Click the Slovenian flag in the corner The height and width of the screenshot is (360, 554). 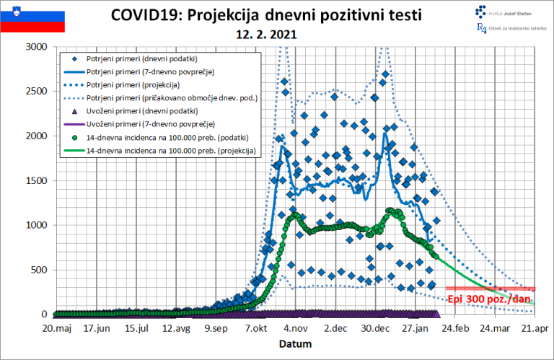32,21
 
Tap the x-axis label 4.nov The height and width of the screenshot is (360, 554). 294,328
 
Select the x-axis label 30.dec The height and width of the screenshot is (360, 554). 374,328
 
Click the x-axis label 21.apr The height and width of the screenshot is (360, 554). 534,328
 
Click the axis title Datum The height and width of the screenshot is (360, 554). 296,344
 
